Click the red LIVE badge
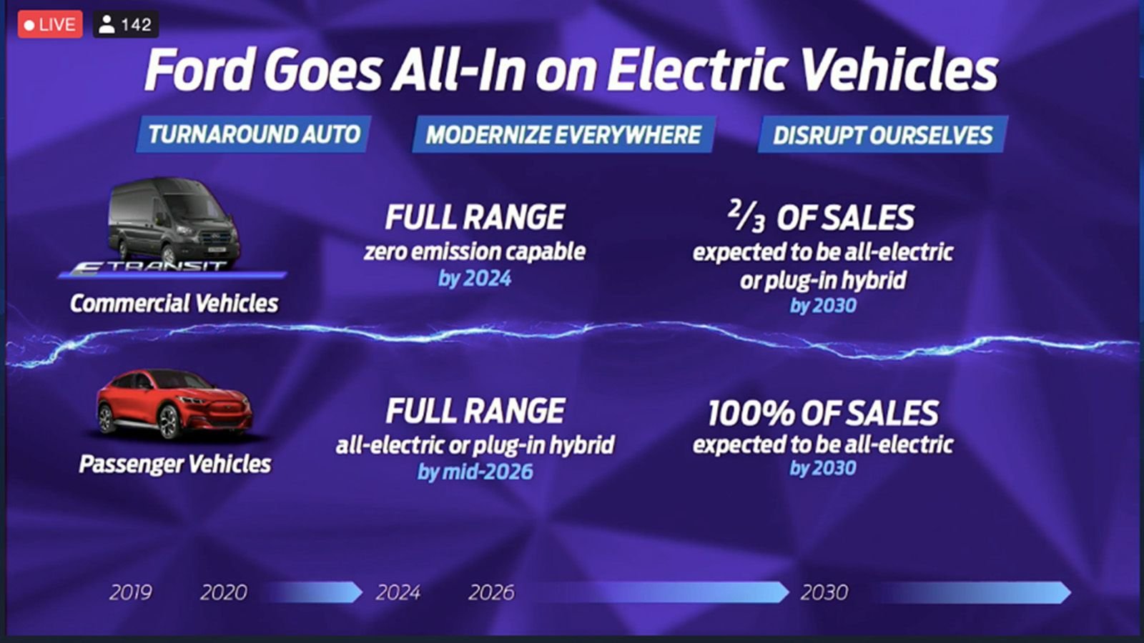point(50,24)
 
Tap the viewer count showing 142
point(126,24)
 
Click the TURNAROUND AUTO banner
point(254,134)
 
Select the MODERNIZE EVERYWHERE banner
point(564,135)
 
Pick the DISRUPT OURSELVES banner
point(882,135)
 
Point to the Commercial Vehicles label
point(174,303)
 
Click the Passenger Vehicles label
point(175,464)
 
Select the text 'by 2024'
point(475,279)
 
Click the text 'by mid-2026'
point(475,472)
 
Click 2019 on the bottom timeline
point(131,592)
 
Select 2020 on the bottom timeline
point(224,592)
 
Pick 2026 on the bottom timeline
point(491,592)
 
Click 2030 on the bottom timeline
point(824,592)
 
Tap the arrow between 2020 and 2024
point(314,592)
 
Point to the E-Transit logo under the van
point(148,267)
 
